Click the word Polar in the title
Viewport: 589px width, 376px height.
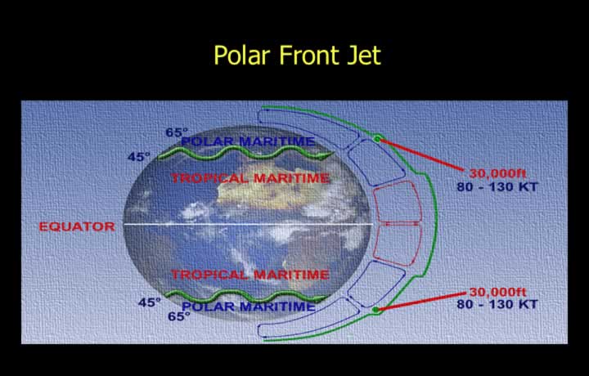tap(242, 55)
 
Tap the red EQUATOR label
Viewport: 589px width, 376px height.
tap(77, 226)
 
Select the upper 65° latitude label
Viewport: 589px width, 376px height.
tap(177, 132)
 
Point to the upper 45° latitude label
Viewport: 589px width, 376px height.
tap(138, 156)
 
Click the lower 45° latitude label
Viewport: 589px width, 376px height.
tap(149, 302)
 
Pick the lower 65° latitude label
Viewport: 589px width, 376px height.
tap(179, 316)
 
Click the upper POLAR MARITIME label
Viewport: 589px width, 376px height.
tap(248, 141)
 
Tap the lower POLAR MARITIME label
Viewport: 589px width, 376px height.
tap(249, 307)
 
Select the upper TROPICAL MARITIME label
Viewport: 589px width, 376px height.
tap(250, 178)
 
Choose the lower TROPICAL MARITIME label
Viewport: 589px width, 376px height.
tap(250, 275)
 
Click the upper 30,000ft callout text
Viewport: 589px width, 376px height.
tap(497, 174)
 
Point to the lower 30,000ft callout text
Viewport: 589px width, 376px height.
tap(497, 292)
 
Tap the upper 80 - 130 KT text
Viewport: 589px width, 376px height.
tap(497, 186)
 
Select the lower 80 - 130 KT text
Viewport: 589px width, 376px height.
tap(497, 304)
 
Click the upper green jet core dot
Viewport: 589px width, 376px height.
tap(377, 139)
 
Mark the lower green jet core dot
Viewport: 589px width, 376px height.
tap(375, 310)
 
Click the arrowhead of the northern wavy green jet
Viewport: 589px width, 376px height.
tap(326, 155)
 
